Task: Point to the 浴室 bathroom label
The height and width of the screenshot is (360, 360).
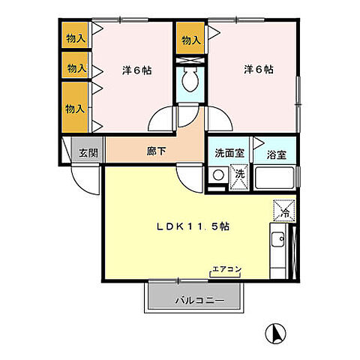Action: tap(276, 155)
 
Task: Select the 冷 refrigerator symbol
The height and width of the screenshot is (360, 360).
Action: tap(285, 211)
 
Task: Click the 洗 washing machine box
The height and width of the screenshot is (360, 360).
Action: tap(238, 175)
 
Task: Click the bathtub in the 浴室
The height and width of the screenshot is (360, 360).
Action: tap(276, 178)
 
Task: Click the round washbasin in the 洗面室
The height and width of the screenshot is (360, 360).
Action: tap(217, 175)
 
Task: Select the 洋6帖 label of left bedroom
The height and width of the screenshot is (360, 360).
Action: tap(136, 70)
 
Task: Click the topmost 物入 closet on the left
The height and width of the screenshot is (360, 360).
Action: tap(76, 36)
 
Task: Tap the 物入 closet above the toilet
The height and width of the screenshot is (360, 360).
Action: tap(190, 40)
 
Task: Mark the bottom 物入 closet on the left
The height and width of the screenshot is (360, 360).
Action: tap(74, 107)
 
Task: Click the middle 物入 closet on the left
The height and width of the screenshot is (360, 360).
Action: tap(76, 68)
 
